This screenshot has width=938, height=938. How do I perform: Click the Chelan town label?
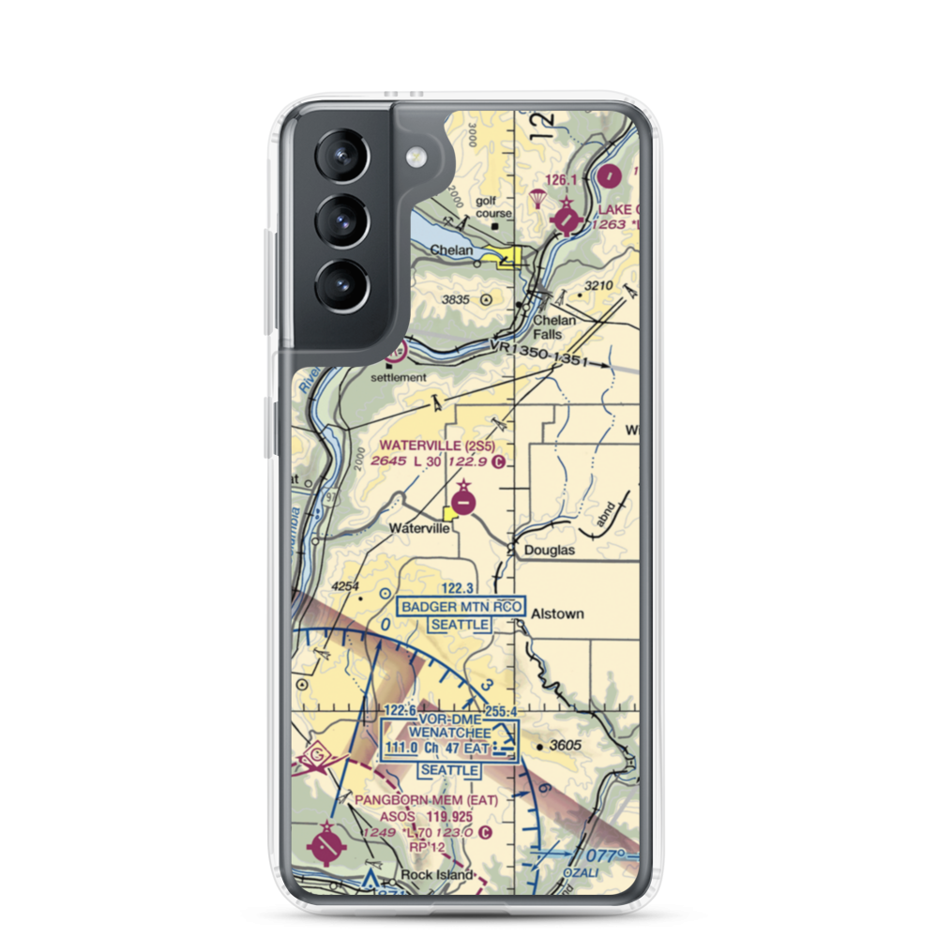coord(451,251)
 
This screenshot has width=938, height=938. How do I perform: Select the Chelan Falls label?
coord(554,326)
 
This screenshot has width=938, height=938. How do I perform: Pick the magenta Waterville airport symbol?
coord(464,502)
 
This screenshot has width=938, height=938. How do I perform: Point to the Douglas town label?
coord(550,551)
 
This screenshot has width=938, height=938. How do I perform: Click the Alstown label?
coord(557,613)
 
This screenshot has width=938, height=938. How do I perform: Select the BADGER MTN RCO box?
coord(461,607)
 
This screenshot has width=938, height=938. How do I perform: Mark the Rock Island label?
coord(432,875)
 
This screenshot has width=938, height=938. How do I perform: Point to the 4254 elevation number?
coord(346,586)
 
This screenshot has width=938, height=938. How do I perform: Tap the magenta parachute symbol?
coord(538,200)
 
